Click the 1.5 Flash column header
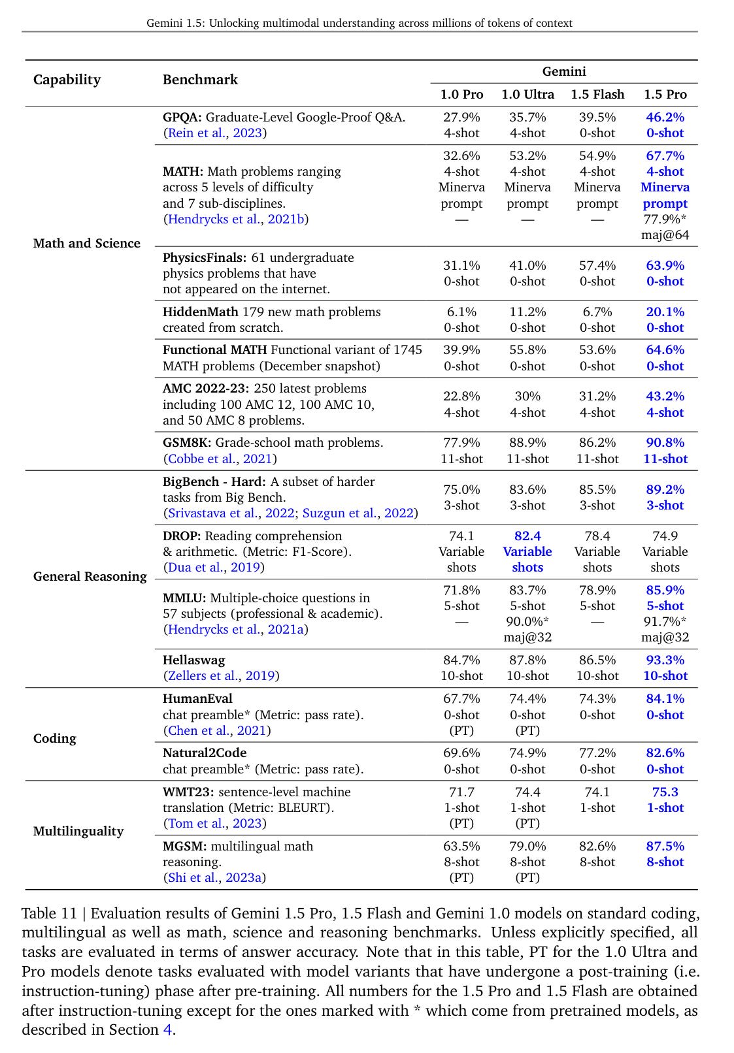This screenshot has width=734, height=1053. tap(597, 94)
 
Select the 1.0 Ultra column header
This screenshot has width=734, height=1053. tap(527, 94)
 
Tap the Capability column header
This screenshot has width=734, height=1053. tap(67, 80)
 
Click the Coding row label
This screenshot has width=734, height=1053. tap(54, 738)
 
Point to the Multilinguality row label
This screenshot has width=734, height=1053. tap(78, 831)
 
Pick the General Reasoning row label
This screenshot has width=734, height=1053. tap(90, 576)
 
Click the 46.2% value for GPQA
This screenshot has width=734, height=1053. tap(665, 117)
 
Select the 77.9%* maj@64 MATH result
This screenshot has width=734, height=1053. tap(665, 227)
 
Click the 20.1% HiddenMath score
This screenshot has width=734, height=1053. tap(665, 312)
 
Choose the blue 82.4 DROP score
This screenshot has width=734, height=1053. tap(527, 536)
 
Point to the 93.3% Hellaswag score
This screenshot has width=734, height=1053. tap(665, 660)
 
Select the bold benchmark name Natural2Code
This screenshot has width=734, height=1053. tap(205, 753)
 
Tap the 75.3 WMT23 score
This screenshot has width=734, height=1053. tap(665, 792)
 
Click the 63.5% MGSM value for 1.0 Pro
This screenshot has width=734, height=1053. tap(461, 846)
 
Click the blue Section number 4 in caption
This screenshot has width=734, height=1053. tap(167, 1029)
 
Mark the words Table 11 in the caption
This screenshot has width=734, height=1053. tap(49, 913)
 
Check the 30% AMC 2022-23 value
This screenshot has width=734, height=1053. tap(527, 396)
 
